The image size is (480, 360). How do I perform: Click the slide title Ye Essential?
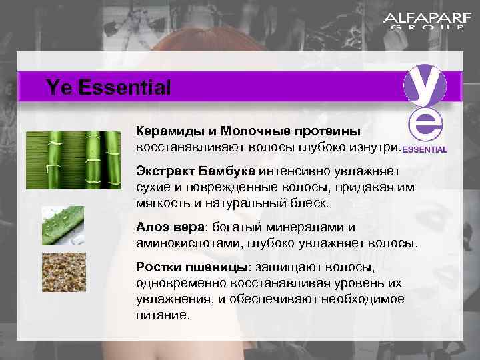(109, 87)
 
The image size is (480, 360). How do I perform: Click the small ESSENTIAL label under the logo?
(425, 149)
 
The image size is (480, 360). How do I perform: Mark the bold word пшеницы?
(215, 267)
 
